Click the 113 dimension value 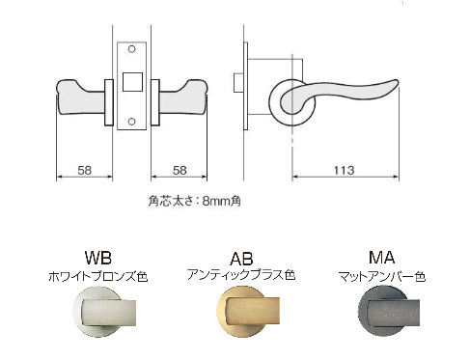344,170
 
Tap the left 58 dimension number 85,170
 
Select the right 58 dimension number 180,170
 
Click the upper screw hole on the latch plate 131,49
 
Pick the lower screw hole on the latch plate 131,122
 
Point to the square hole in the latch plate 132,82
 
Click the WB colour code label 98,258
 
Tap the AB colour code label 241,259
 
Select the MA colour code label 381,258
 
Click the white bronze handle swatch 104,311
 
